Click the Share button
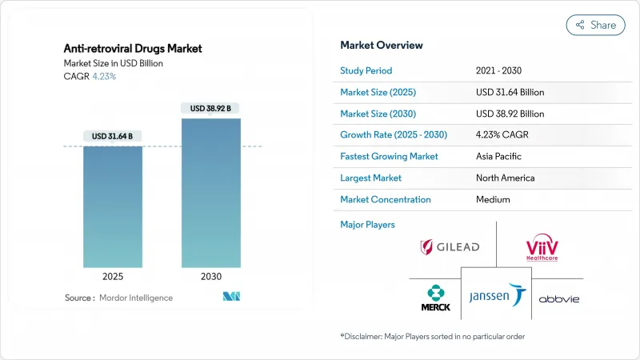coord(596,25)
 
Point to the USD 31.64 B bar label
coord(113,136)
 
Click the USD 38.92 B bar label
coord(211,108)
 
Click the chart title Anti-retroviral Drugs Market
coord(133,48)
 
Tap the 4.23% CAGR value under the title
coord(103,77)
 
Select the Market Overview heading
coord(382,45)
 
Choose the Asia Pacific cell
coord(499,157)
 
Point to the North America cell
coord(504,178)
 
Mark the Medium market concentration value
coord(493,199)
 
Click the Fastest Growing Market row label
coord(389,157)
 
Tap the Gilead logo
coord(450,247)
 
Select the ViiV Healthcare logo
coord(541,247)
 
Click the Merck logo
coord(436,296)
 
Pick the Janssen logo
coord(497,296)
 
